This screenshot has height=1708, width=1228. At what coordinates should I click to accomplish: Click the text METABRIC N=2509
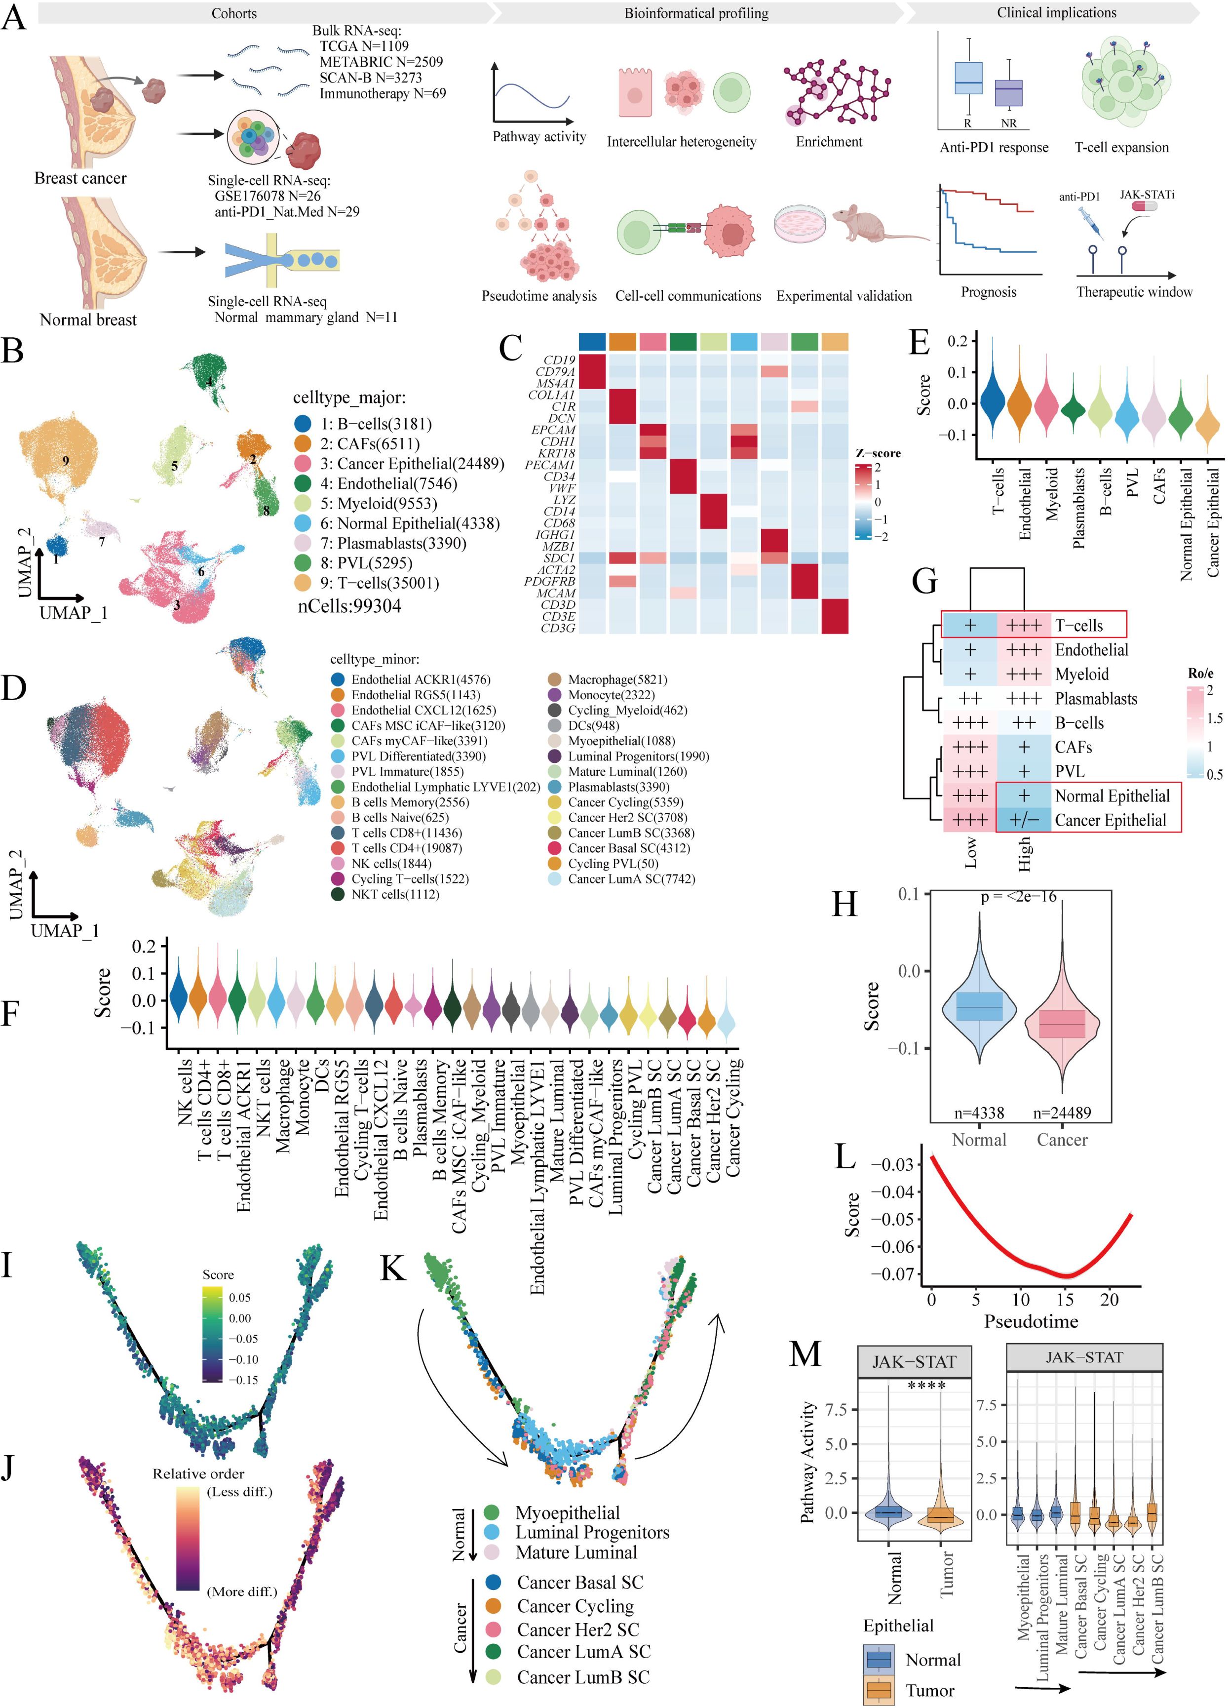coord(381,62)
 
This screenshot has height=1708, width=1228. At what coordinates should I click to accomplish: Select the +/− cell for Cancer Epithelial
coord(1024,820)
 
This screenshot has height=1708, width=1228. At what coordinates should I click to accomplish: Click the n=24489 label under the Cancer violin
coord(1062,1112)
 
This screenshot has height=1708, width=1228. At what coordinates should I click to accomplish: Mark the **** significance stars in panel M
coord(927,1386)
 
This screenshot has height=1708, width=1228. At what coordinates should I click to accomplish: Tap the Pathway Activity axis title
coord(808,1463)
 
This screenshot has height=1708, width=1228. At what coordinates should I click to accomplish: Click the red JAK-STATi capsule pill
coord(1142,205)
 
